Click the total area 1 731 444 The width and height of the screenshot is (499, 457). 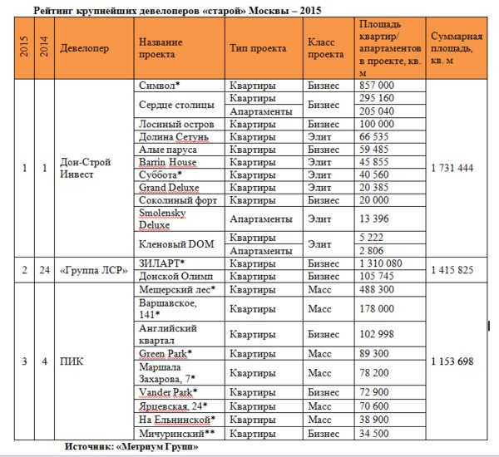pos(453,168)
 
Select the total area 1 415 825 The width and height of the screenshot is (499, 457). pos(453,269)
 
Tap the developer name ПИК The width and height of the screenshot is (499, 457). pos(73,361)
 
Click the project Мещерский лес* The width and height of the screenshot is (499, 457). pos(177,289)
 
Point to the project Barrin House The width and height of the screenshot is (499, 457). pos(168,162)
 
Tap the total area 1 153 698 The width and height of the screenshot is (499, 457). pos(453,361)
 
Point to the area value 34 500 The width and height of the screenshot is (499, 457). pos(372,434)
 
